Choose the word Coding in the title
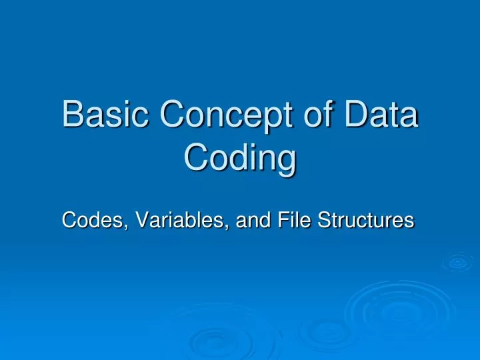[x=239, y=161]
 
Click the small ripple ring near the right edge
[x=457, y=262]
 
